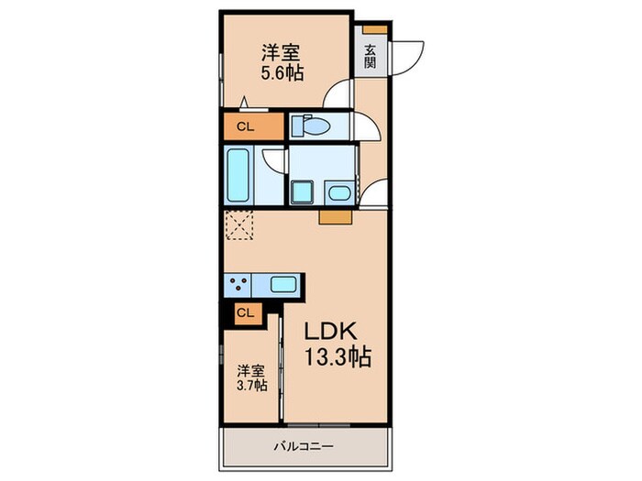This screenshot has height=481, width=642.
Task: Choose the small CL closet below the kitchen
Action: pos(245,313)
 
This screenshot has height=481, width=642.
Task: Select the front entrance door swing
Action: pos(405,55)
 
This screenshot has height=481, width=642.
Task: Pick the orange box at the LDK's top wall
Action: pos(335,218)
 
